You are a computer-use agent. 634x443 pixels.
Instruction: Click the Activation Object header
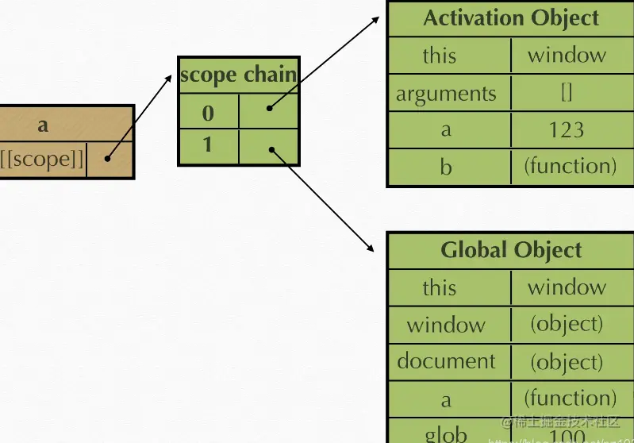(x=510, y=18)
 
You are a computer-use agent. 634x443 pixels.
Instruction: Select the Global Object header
(x=510, y=250)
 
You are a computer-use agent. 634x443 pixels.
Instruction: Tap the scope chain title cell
(x=238, y=75)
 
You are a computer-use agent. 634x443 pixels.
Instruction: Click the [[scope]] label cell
(x=42, y=159)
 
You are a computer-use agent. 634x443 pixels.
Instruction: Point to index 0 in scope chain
(x=208, y=113)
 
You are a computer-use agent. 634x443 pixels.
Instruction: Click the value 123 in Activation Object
(x=566, y=130)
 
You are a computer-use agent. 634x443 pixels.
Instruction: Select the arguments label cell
(x=446, y=94)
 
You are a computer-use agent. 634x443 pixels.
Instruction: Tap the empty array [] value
(x=566, y=93)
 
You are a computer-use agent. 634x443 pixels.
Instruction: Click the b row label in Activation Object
(x=446, y=167)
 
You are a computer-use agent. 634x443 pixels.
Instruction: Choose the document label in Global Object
(x=446, y=361)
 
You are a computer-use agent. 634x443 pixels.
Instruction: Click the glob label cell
(x=446, y=433)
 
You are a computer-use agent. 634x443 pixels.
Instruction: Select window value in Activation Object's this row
(x=566, y=56)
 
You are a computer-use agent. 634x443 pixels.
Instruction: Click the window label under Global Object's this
(x=446, y=325)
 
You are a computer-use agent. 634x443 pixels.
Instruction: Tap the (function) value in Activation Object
(x=570, y=166)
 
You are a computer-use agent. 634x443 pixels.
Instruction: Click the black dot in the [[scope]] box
(x=106, y=159)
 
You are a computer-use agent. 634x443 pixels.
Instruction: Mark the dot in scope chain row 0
(x=270, y=109)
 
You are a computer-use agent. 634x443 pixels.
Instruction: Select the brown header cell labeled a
(x=42, y=125)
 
